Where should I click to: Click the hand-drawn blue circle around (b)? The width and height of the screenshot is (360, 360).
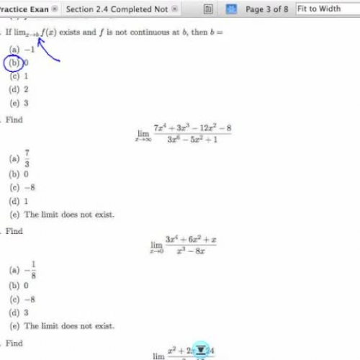point(14,63)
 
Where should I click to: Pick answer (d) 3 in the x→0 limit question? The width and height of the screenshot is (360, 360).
point(17,312)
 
